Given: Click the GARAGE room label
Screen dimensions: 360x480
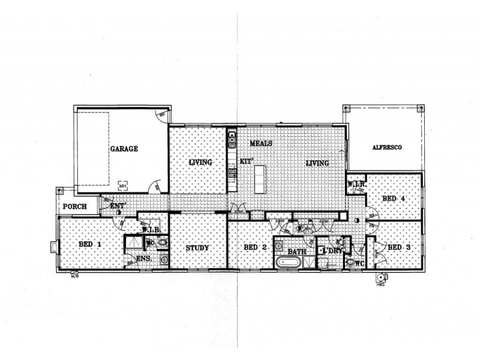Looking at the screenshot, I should click(x=124, y=148).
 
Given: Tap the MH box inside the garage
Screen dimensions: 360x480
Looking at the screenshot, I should click(x=123, y=185).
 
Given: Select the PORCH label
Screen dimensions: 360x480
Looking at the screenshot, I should click(x=74, y=207).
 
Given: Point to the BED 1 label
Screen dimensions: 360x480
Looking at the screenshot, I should click(x=89, y=244).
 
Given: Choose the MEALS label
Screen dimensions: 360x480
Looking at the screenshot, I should click(x=262, y=143).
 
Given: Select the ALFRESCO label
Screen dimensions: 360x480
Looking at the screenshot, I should click(x=386, y=147).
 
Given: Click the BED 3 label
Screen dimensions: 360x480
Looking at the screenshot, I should click(x=398, y=247).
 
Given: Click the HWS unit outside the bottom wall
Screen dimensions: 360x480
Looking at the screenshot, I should click(x=381, y=278).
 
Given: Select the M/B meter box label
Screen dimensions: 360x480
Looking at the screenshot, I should click(x=74, y=277).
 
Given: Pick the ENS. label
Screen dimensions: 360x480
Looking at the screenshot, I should click(x=143, y=259).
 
